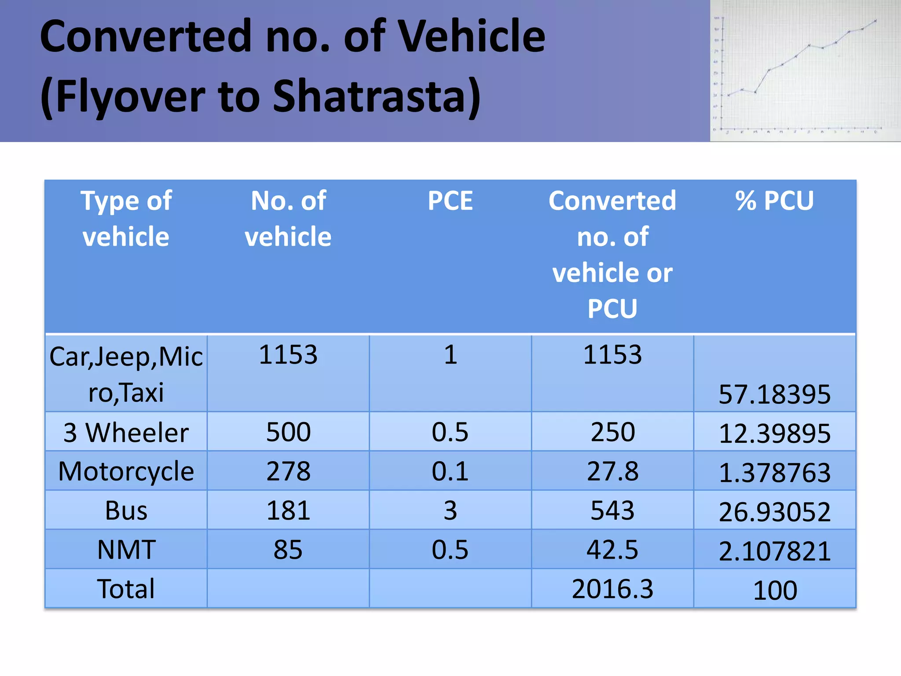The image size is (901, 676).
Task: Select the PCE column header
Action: pos(450,201)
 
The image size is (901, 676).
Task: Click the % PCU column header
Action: pos(774,201)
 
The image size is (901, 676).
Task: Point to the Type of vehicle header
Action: pos(126,219)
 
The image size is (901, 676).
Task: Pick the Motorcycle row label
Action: pos(126,471)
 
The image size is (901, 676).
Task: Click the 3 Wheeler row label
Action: pos(126,433)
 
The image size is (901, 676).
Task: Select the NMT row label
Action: pos(126,550)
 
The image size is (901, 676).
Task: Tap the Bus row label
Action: pos(126,511)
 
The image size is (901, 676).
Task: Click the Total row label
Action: pos(126,589)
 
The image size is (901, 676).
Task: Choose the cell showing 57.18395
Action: pos(774,394)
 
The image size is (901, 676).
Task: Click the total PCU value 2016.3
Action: pos(612,589)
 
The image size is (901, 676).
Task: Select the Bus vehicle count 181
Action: pos(288,511)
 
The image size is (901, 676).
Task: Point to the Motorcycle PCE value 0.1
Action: pos(450,471)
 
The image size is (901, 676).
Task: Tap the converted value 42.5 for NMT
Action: pos(612,550)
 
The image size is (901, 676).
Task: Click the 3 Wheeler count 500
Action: pos(288,432)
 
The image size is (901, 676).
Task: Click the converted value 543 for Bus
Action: pos(612,511)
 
